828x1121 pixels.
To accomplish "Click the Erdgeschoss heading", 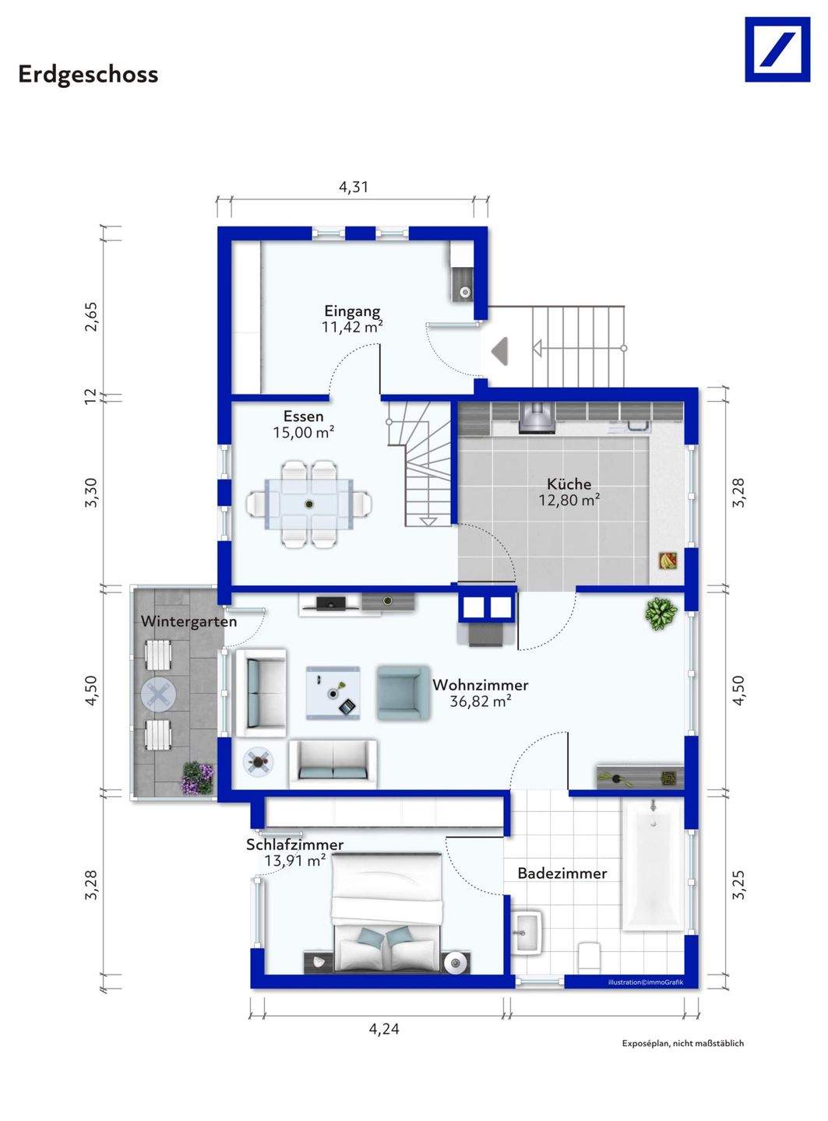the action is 88,75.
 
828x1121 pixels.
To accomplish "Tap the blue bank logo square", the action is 777,49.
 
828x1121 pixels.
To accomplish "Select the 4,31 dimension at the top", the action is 353,187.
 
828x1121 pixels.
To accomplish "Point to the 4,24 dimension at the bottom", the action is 384,1029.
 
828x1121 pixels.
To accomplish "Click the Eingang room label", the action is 352,311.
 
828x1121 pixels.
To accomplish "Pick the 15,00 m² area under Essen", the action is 304,433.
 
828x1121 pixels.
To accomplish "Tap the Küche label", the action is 569,483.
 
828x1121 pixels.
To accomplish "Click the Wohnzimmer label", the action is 481,685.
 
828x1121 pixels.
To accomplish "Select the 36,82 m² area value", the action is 481,701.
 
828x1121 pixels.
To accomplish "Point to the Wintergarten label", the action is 189,621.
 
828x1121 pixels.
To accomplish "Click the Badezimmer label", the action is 562,873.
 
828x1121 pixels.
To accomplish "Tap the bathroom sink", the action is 527,933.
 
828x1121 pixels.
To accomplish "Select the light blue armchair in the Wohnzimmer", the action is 403,693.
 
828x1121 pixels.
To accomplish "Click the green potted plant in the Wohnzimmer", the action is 661,613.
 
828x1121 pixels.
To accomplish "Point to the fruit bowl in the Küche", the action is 668,561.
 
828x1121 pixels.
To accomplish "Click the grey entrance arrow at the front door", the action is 499,349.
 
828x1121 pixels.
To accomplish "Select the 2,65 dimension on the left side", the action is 92,316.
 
